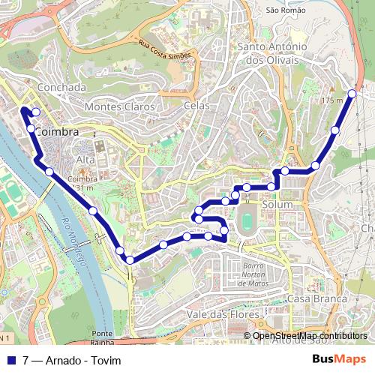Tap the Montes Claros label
point(120,106)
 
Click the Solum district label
point(277,204)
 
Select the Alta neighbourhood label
point(85,160)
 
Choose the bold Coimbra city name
point(57,132)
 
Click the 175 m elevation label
point(331,100)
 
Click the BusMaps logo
point(339,358)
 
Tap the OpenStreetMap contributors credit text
point(310,335)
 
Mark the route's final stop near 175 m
point(352,95)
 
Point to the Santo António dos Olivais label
point(272,52)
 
